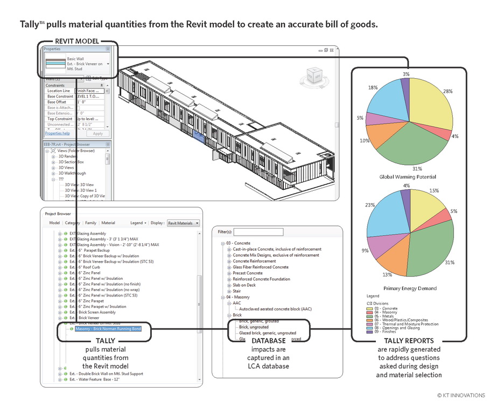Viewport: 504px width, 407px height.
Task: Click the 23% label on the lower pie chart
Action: point(369,205)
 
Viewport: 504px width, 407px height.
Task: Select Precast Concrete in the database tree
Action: point(248,273)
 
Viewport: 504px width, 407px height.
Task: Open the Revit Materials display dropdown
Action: point(183,223)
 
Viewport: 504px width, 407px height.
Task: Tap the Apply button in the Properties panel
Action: point(97,133)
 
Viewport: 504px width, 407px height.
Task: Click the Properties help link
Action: point(57,133)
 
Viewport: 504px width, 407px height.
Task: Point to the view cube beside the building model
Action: point(316,77)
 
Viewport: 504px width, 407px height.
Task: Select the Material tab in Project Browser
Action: point(108,223)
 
